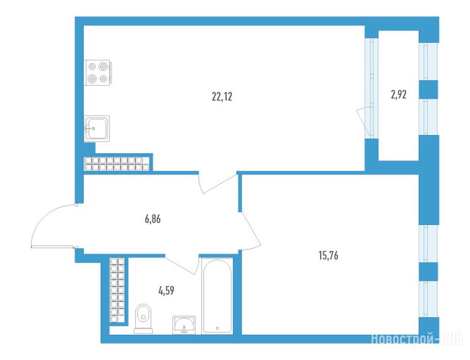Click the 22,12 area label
[222, 97]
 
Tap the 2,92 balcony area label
[399, 95]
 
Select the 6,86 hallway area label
[153, 219]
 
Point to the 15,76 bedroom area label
[328, 255]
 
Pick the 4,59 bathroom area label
[167, 290]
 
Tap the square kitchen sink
[97, 128]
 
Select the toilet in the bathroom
[143, 319]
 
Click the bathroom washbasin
[184, 325]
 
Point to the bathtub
[217, 296]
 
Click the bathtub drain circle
[217, 328]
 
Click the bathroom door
[182, 265]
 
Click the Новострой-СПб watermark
[417, 340]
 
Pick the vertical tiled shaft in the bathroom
[117, 290]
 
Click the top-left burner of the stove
[92, 67]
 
